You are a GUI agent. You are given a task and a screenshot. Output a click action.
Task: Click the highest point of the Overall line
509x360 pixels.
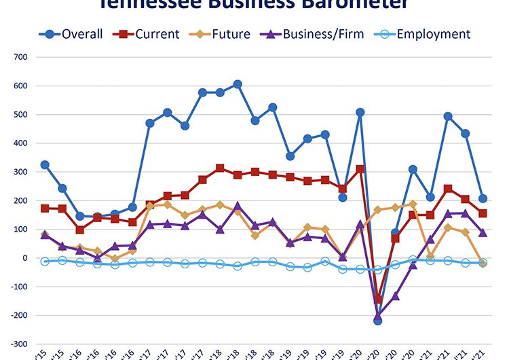[x=238, y=84]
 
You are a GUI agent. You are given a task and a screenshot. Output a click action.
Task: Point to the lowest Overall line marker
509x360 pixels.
[x=378, y=321]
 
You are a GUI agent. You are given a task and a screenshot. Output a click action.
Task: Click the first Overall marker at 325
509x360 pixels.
[x=45, y=164]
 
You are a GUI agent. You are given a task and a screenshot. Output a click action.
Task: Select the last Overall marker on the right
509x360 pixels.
[x=483, y=198]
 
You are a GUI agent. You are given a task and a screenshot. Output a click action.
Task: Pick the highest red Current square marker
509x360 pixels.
[x=220, y=168]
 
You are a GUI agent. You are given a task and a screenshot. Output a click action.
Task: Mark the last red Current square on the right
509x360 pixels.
[x=483, y=213]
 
